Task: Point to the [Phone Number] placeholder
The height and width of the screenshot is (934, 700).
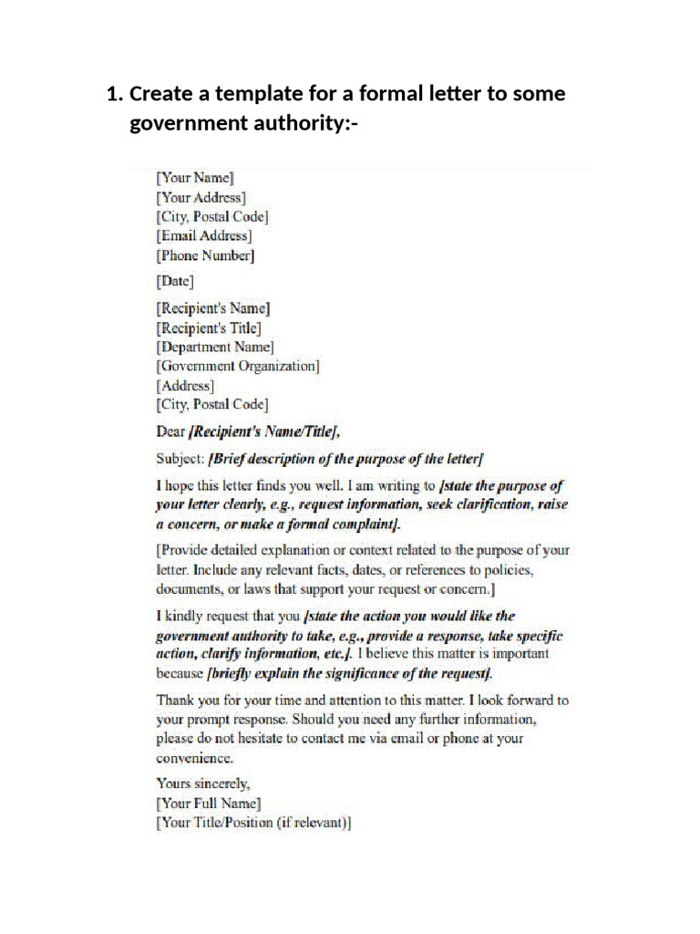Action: point(205,256)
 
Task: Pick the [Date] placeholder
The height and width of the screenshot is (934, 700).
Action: point(175,282)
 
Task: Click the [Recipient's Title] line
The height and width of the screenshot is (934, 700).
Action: point(209,327)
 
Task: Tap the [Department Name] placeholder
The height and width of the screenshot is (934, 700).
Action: point(215,347)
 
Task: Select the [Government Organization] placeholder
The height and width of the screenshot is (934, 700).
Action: point(238,366)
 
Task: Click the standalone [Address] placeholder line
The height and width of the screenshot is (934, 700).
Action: point(185,385)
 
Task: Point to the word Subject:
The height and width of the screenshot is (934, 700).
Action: point(180,458)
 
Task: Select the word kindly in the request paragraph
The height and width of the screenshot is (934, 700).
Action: point(189,616)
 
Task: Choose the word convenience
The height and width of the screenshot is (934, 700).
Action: point(195,758)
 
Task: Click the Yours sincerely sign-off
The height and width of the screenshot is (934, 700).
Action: point(202,784)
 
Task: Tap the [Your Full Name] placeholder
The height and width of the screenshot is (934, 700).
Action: point(209,804)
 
